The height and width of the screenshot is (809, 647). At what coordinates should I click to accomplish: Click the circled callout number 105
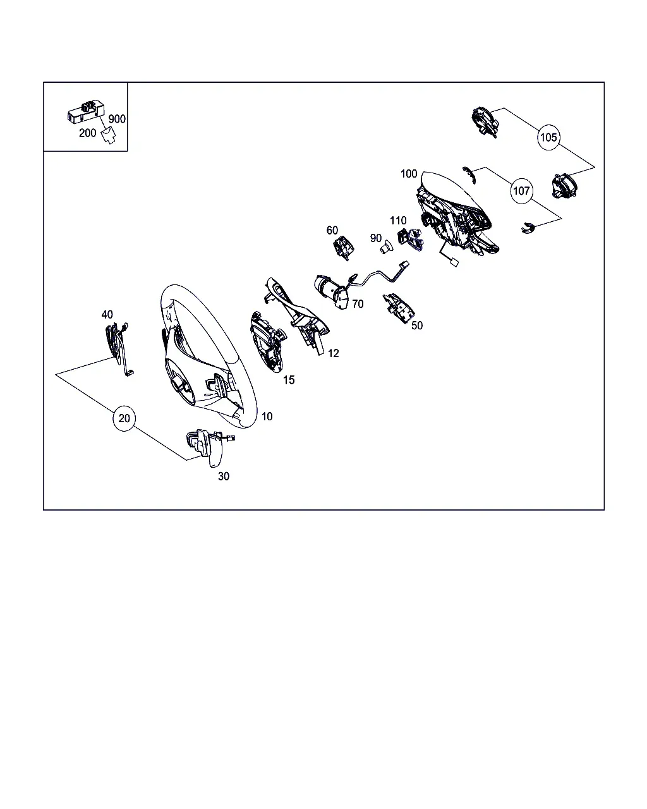pyautogui.click(x=548, y=137)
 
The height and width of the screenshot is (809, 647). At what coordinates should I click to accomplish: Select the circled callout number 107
pyautogui.click(x=521, y=191)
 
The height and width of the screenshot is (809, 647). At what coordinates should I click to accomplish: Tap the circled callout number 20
pyautogui.click(x=124, y=418)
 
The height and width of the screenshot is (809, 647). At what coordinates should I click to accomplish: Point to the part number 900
pyautogui.click(x=117, y=119)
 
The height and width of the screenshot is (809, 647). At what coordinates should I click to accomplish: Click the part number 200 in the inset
pyautogui.click(x=88, y=133)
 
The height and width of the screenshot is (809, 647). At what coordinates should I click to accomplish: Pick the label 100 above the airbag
pyautogui.click(x=409, y=174)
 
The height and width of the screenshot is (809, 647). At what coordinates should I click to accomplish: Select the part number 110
pyautogui.click(x=398, y=221)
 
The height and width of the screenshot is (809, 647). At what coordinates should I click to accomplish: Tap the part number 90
pyautogui.click(x=375, y=238)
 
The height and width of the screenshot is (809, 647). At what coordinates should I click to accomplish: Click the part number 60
pyautogui.click(x=332, y=230)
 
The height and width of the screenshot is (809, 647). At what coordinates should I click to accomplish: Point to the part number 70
pyautogui.click(x=358, y=304)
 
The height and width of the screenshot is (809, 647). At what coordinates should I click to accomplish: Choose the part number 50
pyautogui.click(x=417, y=325)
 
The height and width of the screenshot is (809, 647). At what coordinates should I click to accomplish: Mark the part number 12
pyautogui.click(x=333, y=353)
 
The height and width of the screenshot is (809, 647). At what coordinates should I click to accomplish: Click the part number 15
pyautogui.click(x=289, y=380)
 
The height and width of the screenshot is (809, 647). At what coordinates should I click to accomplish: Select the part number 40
pyautogui.click(x=107, y=314)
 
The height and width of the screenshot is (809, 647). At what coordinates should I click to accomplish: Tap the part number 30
pyautogui.click(x=224, y=477)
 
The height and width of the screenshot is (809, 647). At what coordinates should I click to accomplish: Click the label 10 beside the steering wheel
pyautogui.click(x=267, y=417)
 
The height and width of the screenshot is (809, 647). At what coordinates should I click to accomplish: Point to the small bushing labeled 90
pyautogui.click(x=385, y=248)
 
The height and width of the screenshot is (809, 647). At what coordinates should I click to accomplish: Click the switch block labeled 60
pyautogui.click(x=343, y=248)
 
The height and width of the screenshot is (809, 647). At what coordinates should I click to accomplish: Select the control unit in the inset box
pyautogui.click(x=86, y=111)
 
